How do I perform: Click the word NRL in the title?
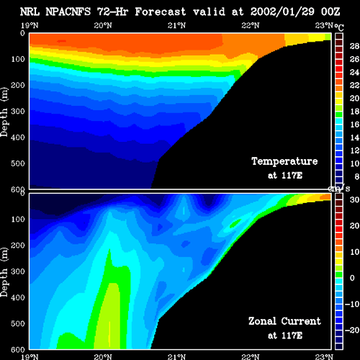coord(30,12)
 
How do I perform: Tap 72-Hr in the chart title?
coord(112,12)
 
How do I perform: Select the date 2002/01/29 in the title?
coord(282,12)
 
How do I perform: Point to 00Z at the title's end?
coord(330,12)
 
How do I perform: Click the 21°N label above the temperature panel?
coord(176,25)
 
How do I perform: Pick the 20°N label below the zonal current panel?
coord(103,357)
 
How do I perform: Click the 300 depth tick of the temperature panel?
coord(18,112)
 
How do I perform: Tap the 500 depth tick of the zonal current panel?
coord(18,323)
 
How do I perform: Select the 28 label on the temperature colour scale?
coord(354,46)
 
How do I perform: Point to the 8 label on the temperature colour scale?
coord(357,176)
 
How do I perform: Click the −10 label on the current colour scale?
coord(352,304)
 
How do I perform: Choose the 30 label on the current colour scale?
coord(354,199)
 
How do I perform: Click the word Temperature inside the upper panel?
coord(284,161)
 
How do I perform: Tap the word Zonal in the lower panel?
coord(262,321)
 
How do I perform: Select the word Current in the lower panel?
coord(301,321)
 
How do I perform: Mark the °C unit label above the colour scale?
coord(339,27)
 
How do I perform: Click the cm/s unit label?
coord(339,189)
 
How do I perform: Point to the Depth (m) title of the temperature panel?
coord(4,112)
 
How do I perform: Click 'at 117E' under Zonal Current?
coord(285,336)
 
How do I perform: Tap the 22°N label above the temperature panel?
coord(251,25)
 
